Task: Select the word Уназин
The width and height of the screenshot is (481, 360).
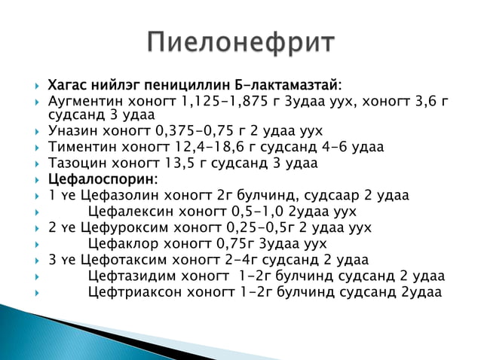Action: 72,130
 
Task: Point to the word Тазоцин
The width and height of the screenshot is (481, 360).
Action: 76,163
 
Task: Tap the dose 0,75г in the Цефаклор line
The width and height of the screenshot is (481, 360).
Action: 236,244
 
